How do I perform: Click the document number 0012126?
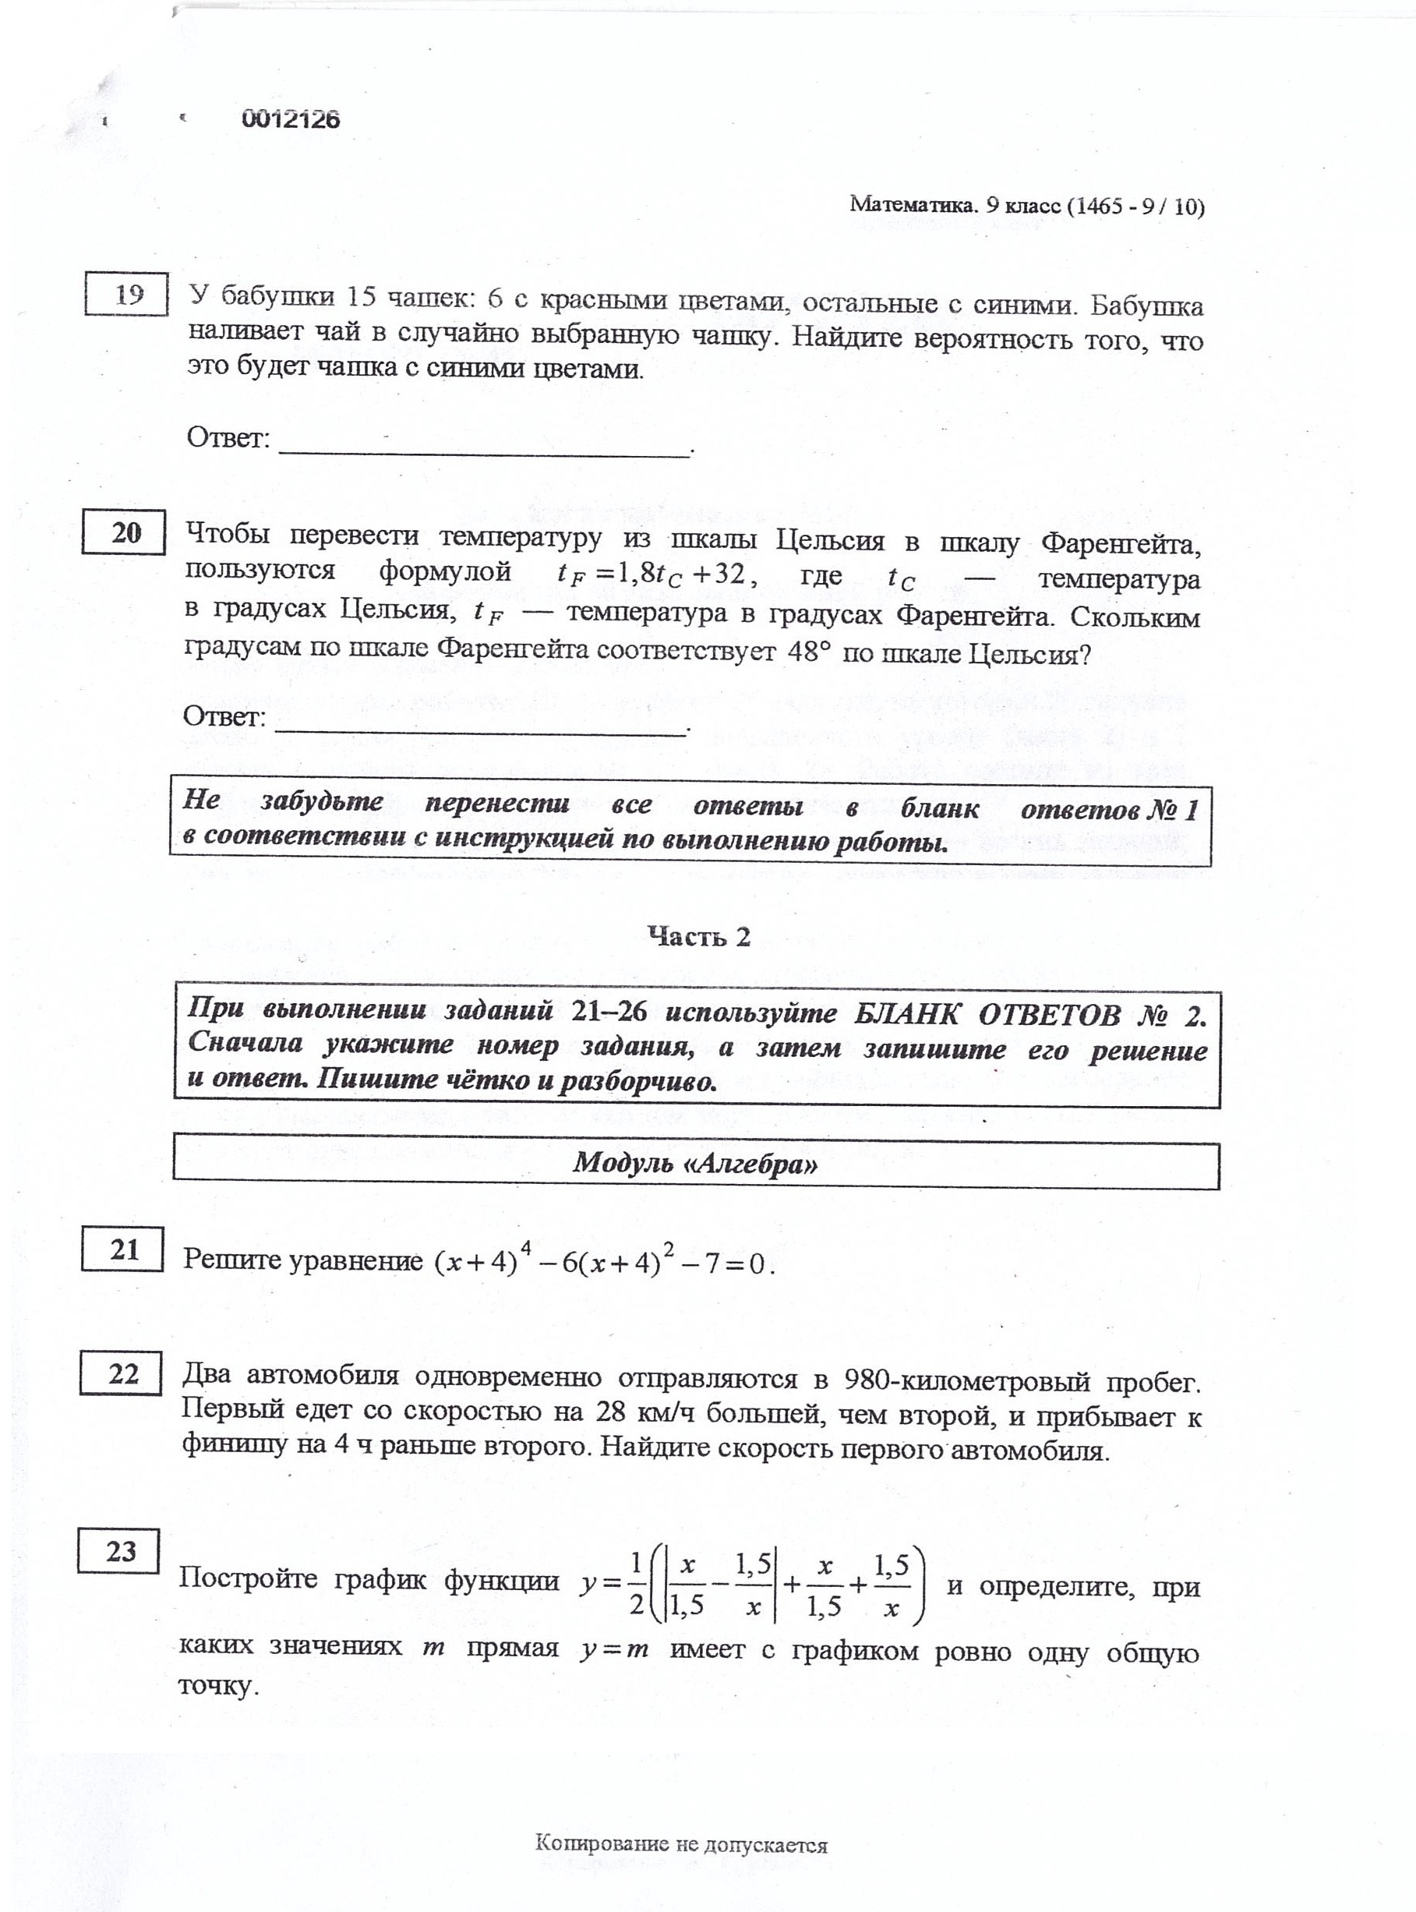pos(291,119)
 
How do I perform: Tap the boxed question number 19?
pos(126,295)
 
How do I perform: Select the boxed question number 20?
pos(124,532)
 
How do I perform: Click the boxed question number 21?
pos(122,1250)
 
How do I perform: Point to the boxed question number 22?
pos(122,1374)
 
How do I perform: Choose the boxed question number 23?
pos(120,1551)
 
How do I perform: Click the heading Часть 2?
pos(698,936)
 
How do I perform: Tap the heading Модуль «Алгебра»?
pos(695,1164)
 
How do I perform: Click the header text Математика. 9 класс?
pos(953,206)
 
